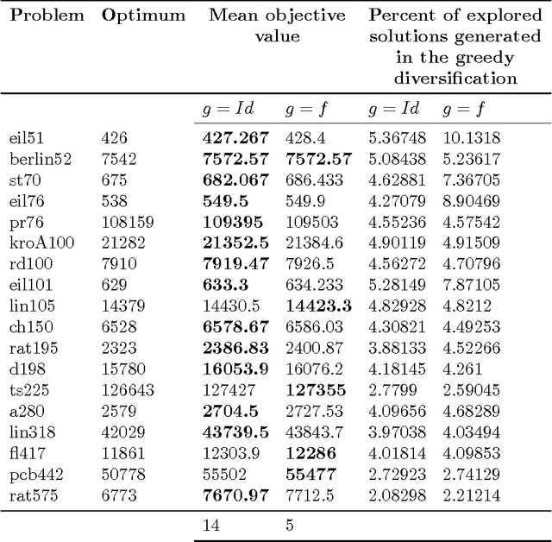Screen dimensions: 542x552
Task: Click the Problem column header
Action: click(47, 16)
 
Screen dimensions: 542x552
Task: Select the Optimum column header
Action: click(143, 16)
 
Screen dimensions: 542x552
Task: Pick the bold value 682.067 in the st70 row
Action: click(235, 180)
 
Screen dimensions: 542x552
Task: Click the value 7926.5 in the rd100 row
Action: click(308, 262)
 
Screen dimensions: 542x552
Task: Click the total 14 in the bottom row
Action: click(210, 524)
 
